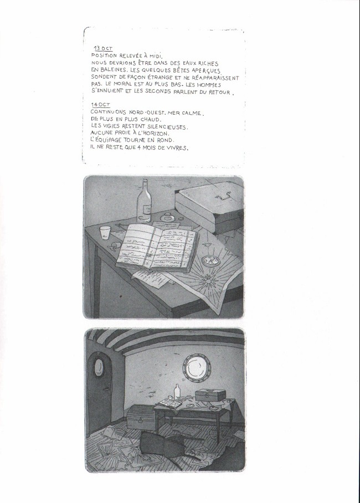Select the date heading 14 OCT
(100, 105)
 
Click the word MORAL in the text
(121, 85)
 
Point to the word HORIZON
(165, 133)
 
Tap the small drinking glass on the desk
(105, 233)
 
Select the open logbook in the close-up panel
(157, 248)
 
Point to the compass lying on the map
(210, 260)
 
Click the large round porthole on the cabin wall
(195, 367)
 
